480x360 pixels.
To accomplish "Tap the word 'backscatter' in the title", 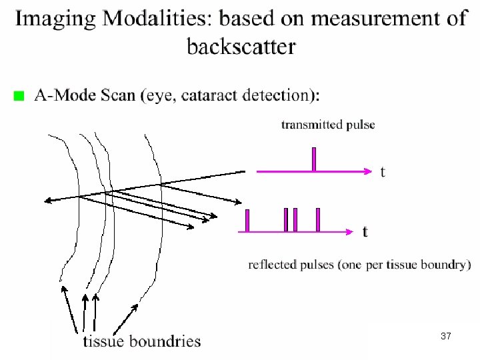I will coord(241,47).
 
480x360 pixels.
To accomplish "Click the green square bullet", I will coord(19,97).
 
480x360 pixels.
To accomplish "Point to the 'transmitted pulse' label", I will coord(328,125).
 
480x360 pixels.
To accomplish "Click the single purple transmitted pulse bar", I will coord(313,159).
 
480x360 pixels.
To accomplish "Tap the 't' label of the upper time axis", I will coord(382,172).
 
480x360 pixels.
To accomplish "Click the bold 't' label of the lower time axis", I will coord(365,232).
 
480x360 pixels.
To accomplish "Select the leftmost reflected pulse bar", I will coord(247,221).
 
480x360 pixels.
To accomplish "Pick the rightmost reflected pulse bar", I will coord(318,220).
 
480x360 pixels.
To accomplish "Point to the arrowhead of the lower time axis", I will coord(349,232).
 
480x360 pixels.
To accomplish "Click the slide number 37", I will coord(446,337).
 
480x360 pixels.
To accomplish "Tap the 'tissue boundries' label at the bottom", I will coord(141,341).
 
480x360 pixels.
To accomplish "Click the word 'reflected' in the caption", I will coord(270,265).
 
